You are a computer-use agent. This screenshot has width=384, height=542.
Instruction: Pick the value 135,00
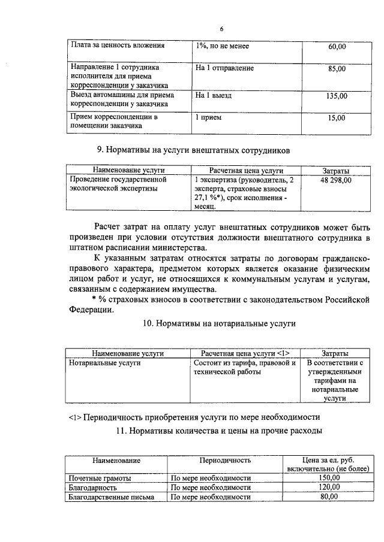click(334, 95)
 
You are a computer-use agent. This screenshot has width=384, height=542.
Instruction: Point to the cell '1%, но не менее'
click(222, 46)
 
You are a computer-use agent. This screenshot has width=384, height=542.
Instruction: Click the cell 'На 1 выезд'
click(214, 95)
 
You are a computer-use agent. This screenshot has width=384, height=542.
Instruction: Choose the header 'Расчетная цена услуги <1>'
click(245, 354)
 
